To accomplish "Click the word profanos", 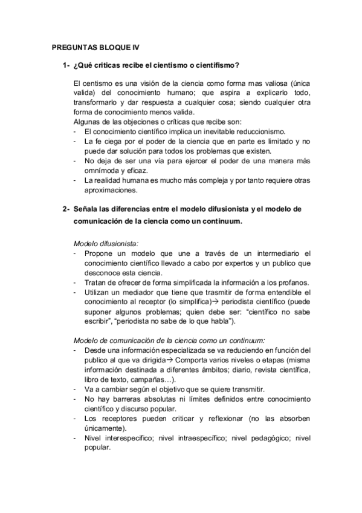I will coord(292,282).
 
